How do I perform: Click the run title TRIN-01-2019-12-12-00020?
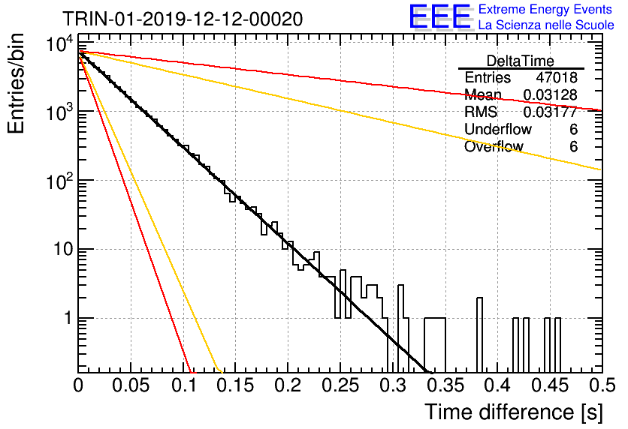[x=183, y=19]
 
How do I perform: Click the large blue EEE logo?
[x=440, y=16]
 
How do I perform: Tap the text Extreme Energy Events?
[x=545, y=9]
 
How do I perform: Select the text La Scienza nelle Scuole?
[x=546, y=25]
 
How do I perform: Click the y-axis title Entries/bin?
[x=16, y=83]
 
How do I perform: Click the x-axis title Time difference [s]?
[x=514, y=412]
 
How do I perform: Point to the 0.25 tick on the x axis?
[x=340, y=385]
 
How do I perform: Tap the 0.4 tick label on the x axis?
[x=497, y=385]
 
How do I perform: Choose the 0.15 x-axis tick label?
[x=235, y=385]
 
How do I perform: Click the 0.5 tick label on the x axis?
[x=602, y=385]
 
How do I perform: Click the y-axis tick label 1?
[x=68, y=319]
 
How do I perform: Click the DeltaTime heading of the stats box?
[x=521, y=61]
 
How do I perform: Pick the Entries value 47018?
[x=557, y=77]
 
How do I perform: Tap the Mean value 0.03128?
[x=551, y=94]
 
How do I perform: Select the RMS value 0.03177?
[x=551, y=112]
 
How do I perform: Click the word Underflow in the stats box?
[x=498, y=129]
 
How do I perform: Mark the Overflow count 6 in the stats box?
[x=573, y=146]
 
